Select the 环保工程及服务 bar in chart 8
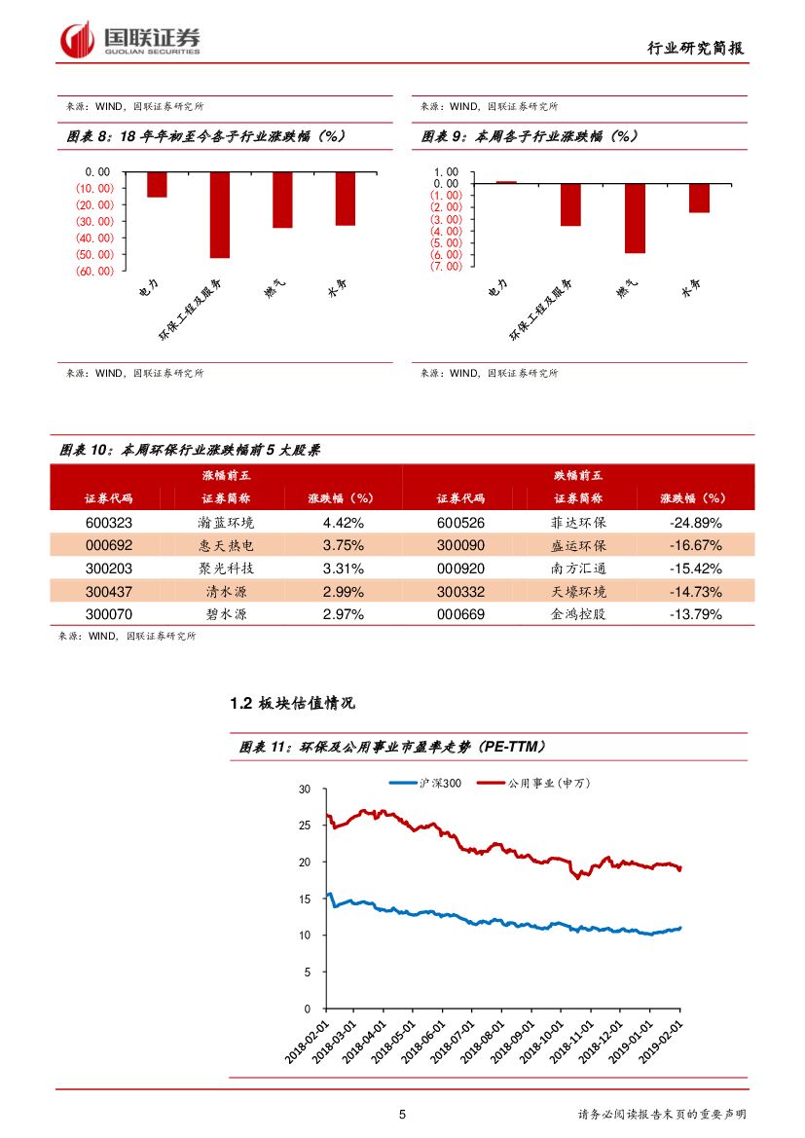(x=219, y=214)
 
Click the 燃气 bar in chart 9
(x=635, y=218)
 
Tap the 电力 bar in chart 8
(x=157, y=184)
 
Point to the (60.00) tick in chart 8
(x=95, y=272)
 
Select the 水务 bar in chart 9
(x=699, y=198)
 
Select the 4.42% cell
(x=343, y=522)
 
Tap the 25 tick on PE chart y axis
(x=305, y=826)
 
